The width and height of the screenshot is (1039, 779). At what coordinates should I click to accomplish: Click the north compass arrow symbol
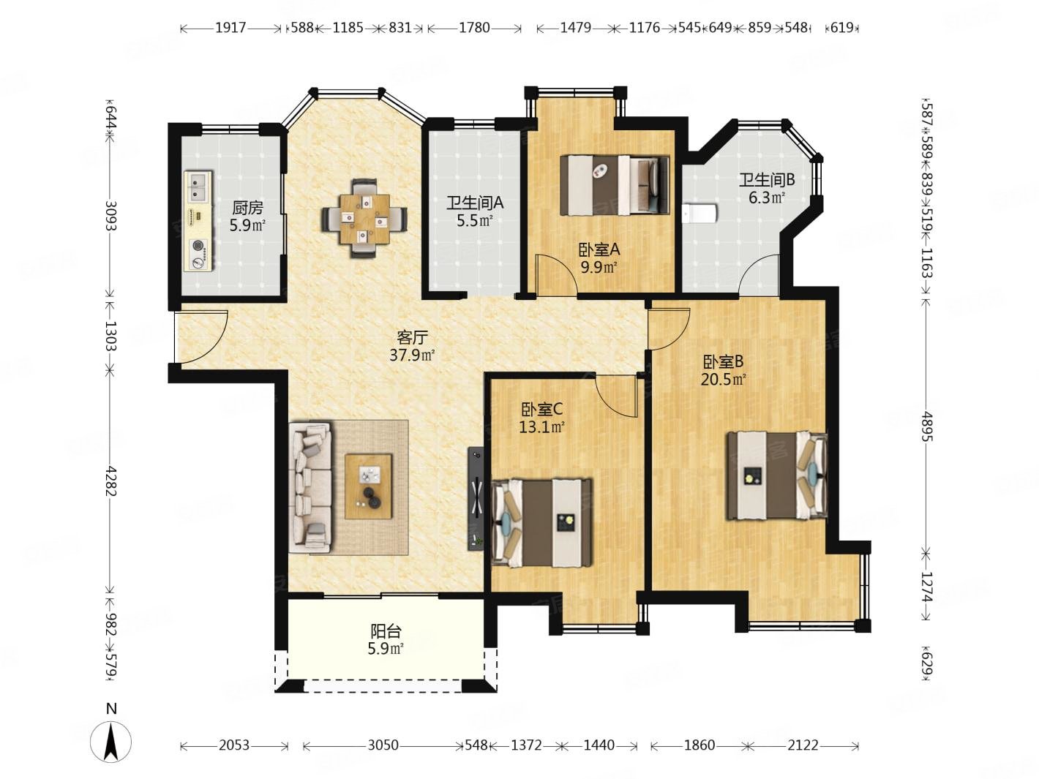pyautogui.click(x=110, y=741)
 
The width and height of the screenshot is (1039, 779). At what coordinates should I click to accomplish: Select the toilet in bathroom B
pyautogui.click(x=699, y=214)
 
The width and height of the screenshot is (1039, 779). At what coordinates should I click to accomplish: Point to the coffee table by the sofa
pyautogui.click(x=369, y=486)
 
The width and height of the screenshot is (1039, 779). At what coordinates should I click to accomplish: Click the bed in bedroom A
pyautogui.click(x=615, y=185)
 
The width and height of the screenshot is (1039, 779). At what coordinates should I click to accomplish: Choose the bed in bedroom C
pyautogui.click(x=542, y=522)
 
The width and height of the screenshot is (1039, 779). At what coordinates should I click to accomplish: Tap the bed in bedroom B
pyautogui.click(x=777, y=475)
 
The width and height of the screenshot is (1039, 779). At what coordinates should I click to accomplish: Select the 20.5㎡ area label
pyautogui.click(x=724, y=380)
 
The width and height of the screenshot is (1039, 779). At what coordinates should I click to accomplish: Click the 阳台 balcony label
pyautogui.click(x=386, y=631)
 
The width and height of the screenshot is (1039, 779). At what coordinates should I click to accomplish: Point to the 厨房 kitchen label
pyautogui.click(x=247, y=208)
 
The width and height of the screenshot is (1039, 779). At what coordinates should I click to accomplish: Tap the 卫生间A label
pyautogui.click(x=475, y=203)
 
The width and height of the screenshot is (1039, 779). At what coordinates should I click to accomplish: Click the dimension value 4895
pyautogui.click(x=927, y=426)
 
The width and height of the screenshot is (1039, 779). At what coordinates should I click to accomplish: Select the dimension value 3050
pyautogui.click(x=383, y=746)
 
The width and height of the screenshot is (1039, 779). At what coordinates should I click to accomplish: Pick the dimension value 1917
pyautogui.click(x=230, y=28)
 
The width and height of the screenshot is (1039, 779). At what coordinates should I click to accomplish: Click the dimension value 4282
pyautogui.click(x=110, y=481)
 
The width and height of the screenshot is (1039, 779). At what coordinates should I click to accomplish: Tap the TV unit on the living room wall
pyautogui.click(x=476, y=498)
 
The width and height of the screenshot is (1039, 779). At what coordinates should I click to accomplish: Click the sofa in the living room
pyautogui.click(x=310, y=488)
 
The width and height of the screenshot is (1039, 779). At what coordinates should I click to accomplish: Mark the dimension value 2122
pyautogui.click(x=803, y=746)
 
